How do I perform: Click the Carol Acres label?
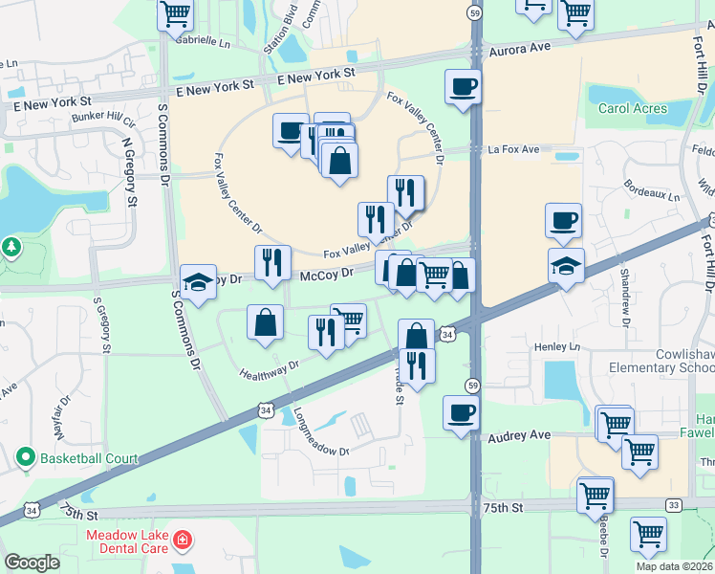633,108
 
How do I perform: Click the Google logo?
32,563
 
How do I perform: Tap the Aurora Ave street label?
520,47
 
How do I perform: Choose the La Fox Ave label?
514,150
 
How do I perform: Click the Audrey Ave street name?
519,435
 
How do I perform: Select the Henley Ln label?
558,346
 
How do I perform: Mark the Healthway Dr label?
270,368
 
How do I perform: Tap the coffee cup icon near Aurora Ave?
463,86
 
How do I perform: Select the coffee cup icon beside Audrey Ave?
461,413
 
